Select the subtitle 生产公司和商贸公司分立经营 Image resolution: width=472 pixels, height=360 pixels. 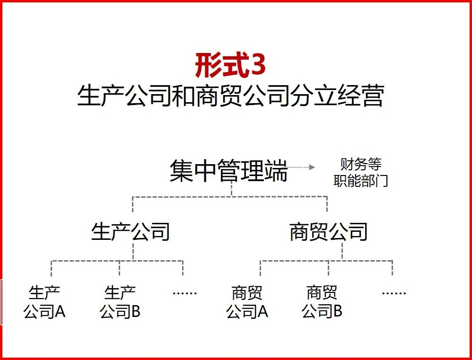[230, 96]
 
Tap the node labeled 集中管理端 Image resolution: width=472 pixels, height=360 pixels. [228, 171]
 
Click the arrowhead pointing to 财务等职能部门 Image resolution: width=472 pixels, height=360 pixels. [312, 167]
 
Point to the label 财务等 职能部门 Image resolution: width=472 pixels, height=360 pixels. [361, 173]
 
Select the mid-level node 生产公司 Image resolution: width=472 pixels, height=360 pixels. [131, 232]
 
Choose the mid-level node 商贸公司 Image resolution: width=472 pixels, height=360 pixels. [328, 232]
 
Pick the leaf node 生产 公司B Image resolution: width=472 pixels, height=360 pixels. [120, 302]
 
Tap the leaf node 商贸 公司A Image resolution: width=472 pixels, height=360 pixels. [247, 302]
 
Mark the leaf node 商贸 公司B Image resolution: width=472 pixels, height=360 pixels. [322, 302]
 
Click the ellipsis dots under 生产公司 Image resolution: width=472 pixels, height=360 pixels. [184, 293]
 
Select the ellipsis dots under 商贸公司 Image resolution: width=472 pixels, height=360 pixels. [393, 293]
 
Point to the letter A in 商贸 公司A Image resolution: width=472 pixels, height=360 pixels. [262, 312]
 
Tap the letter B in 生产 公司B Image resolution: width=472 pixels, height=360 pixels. [135, 312]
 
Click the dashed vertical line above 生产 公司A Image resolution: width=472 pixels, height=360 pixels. [51, 268]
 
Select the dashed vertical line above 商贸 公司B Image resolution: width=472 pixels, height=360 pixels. [328, 268]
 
